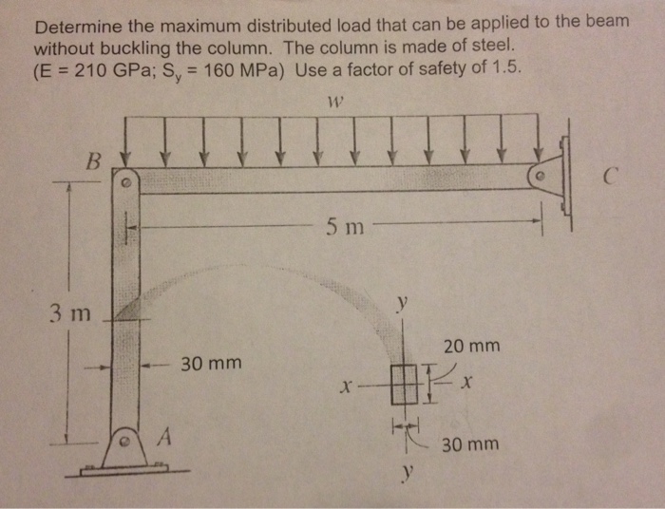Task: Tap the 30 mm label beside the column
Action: (210, 364)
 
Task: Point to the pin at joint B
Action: (124, 178)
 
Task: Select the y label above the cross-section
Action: (403, 304)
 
